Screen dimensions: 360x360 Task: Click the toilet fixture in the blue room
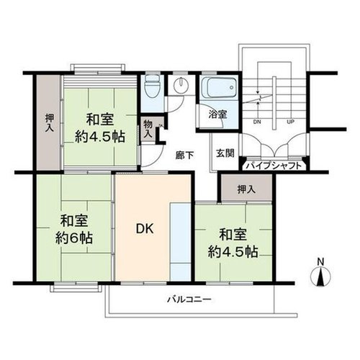coord(152,86)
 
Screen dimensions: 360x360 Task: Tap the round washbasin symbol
coord(181,85)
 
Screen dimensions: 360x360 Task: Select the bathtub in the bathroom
coord(219,87)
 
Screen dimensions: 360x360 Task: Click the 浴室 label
coord(217,114)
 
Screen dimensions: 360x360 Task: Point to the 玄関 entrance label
coord(225,153)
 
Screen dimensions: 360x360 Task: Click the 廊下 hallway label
coord(184,156)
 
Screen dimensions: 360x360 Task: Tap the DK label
coord(145,229)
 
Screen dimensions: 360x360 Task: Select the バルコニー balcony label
coord(189,300)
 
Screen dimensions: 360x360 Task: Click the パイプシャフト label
coord(274,166)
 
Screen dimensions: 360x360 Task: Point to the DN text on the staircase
coord(257,122)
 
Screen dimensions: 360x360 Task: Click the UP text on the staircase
coord(291,122)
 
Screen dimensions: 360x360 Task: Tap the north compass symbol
coord(320,276)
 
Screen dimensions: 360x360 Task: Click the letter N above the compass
coord(320,261)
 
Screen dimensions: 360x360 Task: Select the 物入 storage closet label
coord(148,130)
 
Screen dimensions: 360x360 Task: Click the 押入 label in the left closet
coord(50,122)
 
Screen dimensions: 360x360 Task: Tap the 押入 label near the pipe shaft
coord(246,189)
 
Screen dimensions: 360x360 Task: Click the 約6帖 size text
coord(74,238)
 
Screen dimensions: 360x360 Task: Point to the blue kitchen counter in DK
coord(180,242)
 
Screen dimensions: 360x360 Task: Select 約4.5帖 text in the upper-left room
coord(100,137)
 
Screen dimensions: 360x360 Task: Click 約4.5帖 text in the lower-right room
coord(233,252)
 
